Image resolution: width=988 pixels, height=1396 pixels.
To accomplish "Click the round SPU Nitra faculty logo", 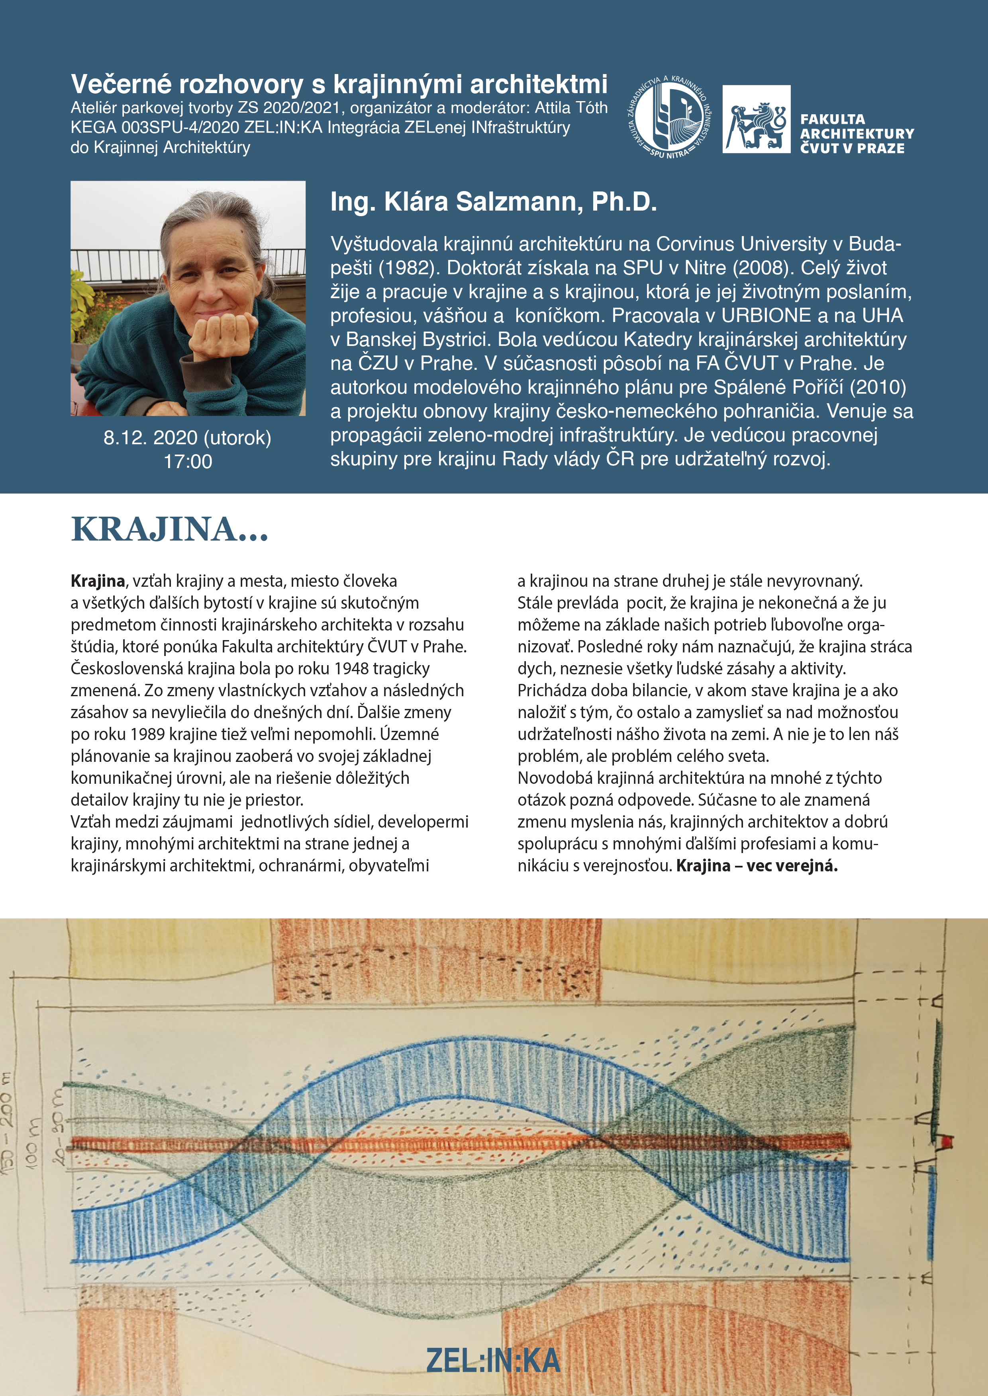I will pyautogui.click(x=668, y=119).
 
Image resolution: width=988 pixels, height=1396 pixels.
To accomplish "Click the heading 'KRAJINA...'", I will pyautogui.click(x=170, y=529).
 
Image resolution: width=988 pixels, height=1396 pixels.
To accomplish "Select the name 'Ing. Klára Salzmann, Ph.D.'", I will pyautogui.click(x=493, y=202).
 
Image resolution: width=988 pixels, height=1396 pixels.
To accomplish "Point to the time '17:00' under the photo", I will pyautogui.click(x=188, y=461).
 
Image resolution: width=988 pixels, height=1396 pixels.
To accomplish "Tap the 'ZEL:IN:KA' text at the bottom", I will pyautogui.click(x=493, y=1360).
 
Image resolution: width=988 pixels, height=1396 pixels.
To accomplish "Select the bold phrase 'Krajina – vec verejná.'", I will pyautogui.click(x=757, y=866).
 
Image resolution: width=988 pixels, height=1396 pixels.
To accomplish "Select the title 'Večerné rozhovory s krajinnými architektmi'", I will pyautogui.click(x=339, y=84).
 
